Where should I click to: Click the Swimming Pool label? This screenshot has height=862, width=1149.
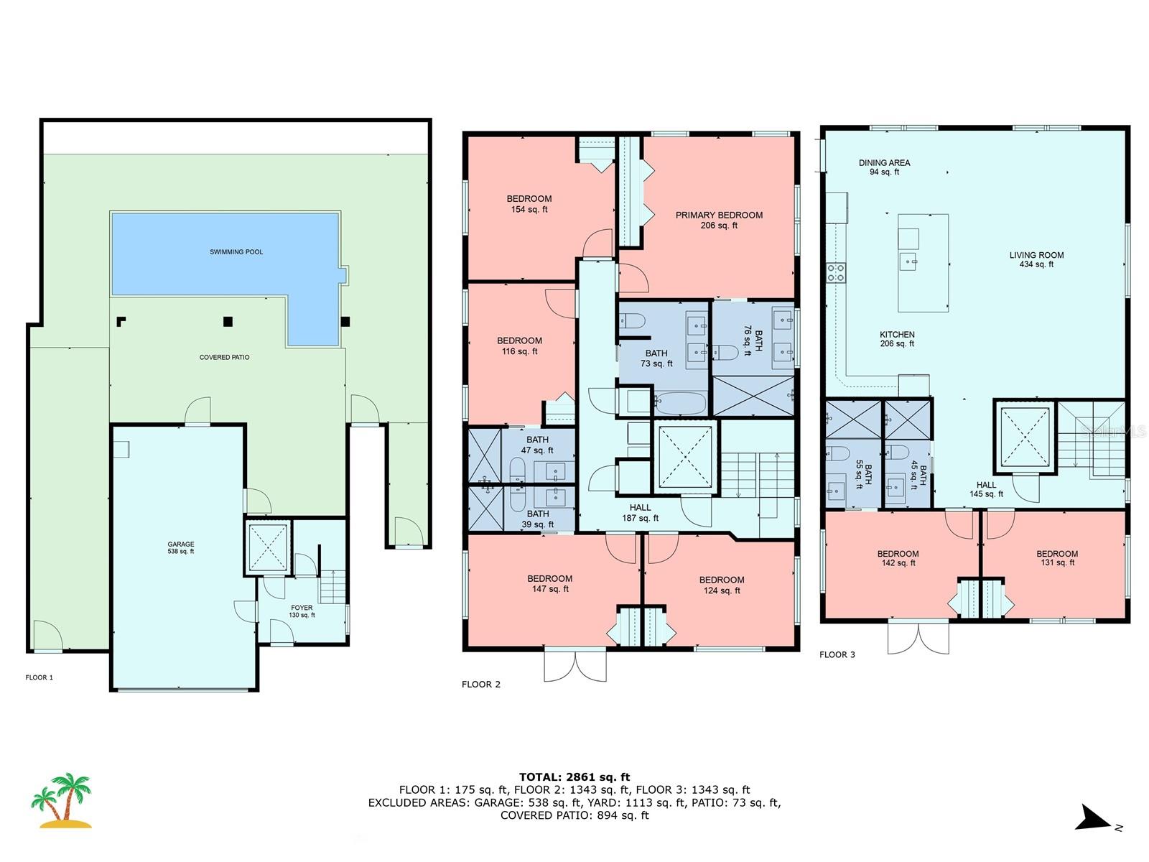click(x=236, y=252)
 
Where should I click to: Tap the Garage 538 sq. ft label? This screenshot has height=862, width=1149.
click(x=181, y=548)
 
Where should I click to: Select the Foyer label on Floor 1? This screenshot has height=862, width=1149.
click(x=302, y=611)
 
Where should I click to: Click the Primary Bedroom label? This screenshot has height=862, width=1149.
click(x=719, y=220)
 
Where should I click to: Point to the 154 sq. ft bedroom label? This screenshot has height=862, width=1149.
click(x=529, y=204)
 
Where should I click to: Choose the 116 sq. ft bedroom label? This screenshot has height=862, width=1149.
click(x=519, y=346)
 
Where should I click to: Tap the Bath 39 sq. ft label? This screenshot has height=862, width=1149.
click(x=538, y=519)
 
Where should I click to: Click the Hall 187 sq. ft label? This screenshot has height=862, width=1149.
click(x=640, y=513)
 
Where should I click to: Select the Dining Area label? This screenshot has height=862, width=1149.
click(x=884, y=167)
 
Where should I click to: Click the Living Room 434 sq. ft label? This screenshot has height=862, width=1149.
click(x=1036, y=259)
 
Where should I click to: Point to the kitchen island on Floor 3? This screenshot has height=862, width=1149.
click(x=923, y=263)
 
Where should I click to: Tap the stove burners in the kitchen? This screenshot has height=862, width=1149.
click(x=836, y=272)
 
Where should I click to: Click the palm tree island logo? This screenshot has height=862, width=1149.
click(x=62, y=800)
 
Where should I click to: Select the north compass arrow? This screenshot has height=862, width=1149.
click(x=1095, y=818)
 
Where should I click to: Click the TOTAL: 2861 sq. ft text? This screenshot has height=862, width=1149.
click(x=574, y=777)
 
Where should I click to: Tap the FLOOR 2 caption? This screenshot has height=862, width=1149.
click(x=480, y=685)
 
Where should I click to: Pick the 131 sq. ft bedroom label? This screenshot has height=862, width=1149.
click(x=1057, y=558)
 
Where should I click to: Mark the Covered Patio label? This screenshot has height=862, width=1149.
click(x=225, y=357)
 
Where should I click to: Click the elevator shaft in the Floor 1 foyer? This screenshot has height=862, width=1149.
click(x=269, y=548)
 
